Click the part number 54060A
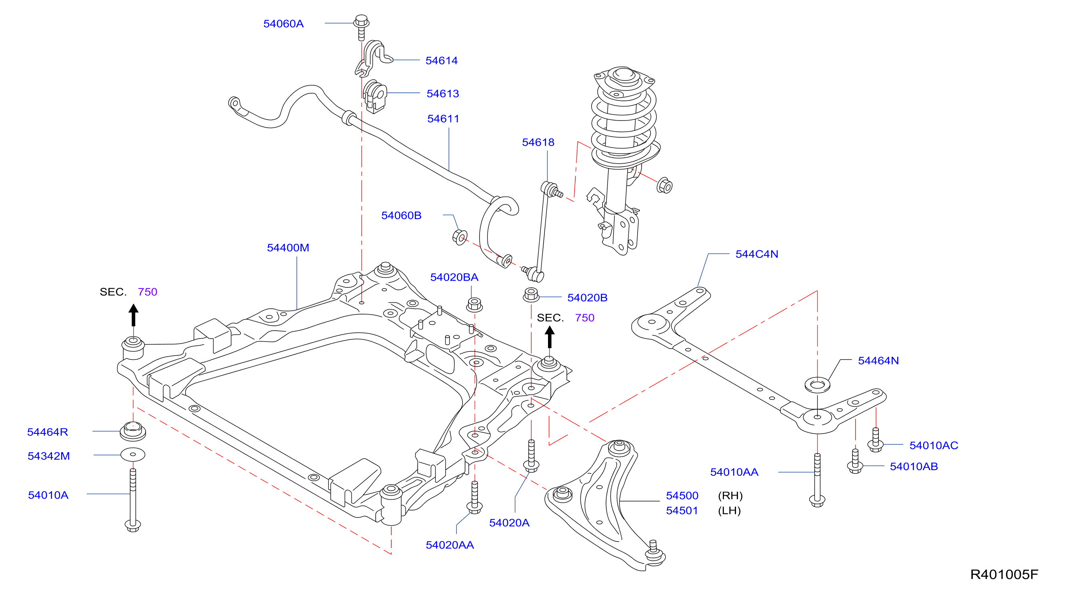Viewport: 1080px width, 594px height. tap(284, 24)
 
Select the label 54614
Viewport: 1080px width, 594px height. tap(442, 60)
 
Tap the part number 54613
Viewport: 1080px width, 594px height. tap(443, 94)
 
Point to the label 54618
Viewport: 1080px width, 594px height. tap(538, 142)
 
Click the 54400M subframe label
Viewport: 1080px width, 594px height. tap(288, 247)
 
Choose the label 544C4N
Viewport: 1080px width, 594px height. tap(757, 254)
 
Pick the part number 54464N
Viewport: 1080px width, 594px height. tap(878, 360)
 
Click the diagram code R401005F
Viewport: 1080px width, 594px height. tap(1004, 574)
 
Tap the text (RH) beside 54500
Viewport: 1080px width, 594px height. tap(730, 496)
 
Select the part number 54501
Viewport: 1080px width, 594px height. tap(682, 510)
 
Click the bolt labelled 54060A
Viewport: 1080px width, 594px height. tap(361, 27)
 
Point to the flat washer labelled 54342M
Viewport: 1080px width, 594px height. tap(133, 454)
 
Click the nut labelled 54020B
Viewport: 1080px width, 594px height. tap(531, 295)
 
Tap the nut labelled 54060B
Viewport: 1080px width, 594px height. tap(460, 237)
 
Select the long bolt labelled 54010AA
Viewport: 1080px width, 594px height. tap(817, 480)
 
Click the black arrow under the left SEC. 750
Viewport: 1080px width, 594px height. tap(133, 315)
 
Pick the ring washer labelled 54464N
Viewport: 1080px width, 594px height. tap(817, 385)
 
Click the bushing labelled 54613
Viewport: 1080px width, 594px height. tap(374, 96)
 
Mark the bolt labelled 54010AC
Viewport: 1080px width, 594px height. tap(876, 439)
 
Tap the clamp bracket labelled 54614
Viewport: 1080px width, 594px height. tap(373, 58)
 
